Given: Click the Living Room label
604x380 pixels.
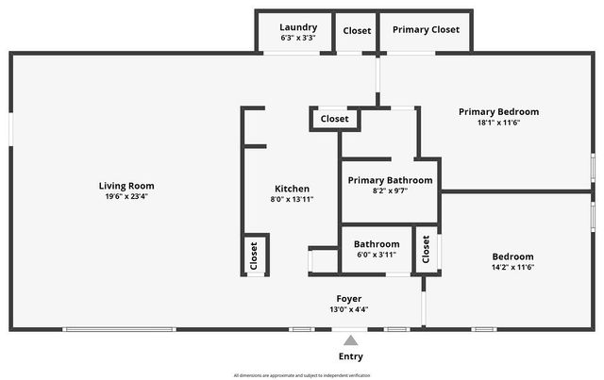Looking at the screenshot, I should [126, 186].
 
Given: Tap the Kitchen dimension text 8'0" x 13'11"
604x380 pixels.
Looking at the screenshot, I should [292, 200].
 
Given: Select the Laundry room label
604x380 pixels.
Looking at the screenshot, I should [298, 27].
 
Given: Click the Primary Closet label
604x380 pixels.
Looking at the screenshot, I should [426, 29].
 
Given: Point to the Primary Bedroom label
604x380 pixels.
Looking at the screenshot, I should [498, 111].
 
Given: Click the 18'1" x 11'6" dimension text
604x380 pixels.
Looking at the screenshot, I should [498, 123].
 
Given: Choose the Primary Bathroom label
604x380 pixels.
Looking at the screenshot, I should [390, 180].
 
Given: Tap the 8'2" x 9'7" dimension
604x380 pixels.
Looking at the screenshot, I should [390, 191].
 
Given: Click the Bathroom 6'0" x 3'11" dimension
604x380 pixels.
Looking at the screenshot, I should [377, 255].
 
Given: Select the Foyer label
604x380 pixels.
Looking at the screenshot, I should [349, 298].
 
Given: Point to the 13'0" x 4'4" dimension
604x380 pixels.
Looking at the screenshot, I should [349, 309].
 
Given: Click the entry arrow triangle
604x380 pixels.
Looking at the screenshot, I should [350, 340].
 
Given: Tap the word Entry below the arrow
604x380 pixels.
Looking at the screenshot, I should [350, 356].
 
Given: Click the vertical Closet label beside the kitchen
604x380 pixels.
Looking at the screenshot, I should [254, 255].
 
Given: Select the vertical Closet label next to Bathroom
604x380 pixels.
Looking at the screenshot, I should [427, 250].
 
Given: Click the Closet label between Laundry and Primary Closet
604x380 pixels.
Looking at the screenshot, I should [357, 30].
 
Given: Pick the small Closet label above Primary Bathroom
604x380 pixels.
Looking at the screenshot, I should [334, 119].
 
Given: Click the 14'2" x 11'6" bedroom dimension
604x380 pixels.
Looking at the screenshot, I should [512, 267].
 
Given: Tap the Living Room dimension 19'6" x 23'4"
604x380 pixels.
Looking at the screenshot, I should [126, 197].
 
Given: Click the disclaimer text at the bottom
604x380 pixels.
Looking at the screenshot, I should [301, 374].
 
